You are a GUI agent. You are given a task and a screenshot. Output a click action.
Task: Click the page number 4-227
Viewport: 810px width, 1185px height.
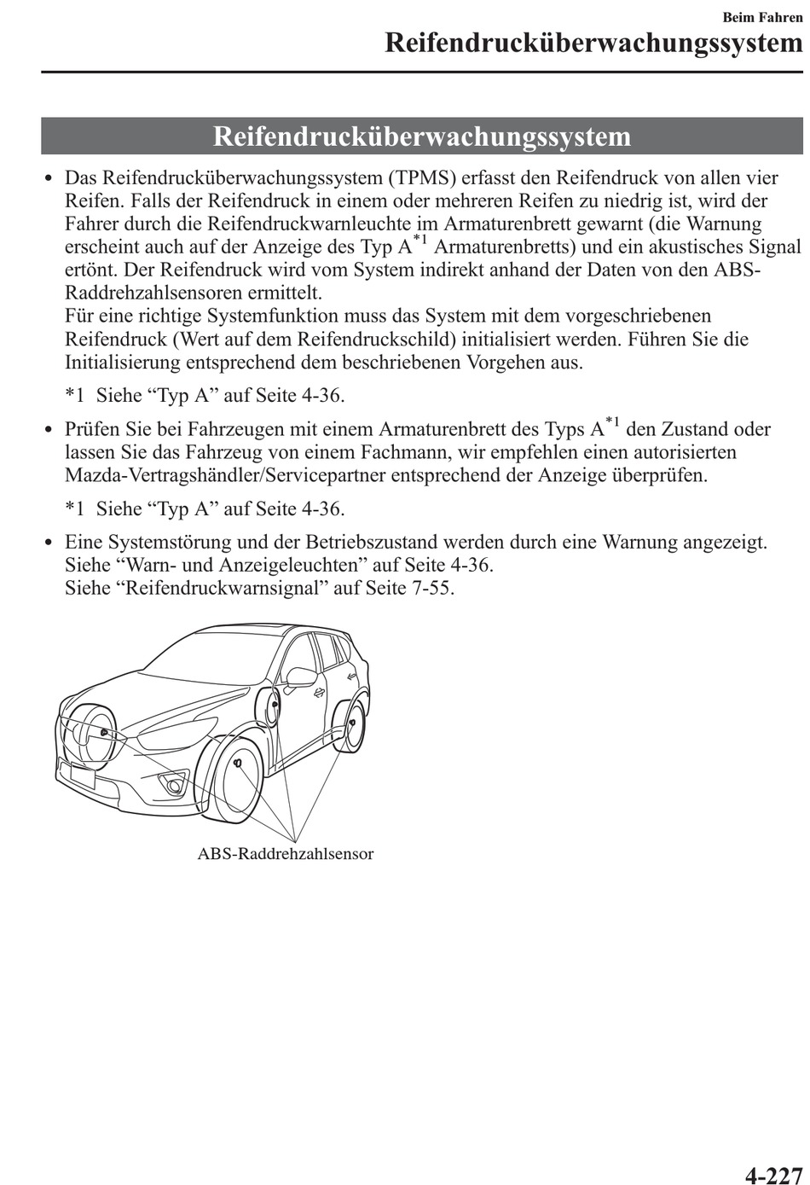pos(773,1175)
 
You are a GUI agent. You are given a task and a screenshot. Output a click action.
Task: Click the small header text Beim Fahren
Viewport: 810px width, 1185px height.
pos(762,17)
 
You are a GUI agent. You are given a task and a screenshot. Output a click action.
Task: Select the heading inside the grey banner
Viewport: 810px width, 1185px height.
pos(422,137)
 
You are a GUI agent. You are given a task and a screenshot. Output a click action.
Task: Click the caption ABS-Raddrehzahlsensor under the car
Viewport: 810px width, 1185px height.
pos(285,854)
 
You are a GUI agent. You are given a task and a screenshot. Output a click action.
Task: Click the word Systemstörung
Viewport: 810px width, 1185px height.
pos(166,543)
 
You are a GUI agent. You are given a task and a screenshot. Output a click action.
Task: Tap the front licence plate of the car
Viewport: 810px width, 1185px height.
pos(82,776)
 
